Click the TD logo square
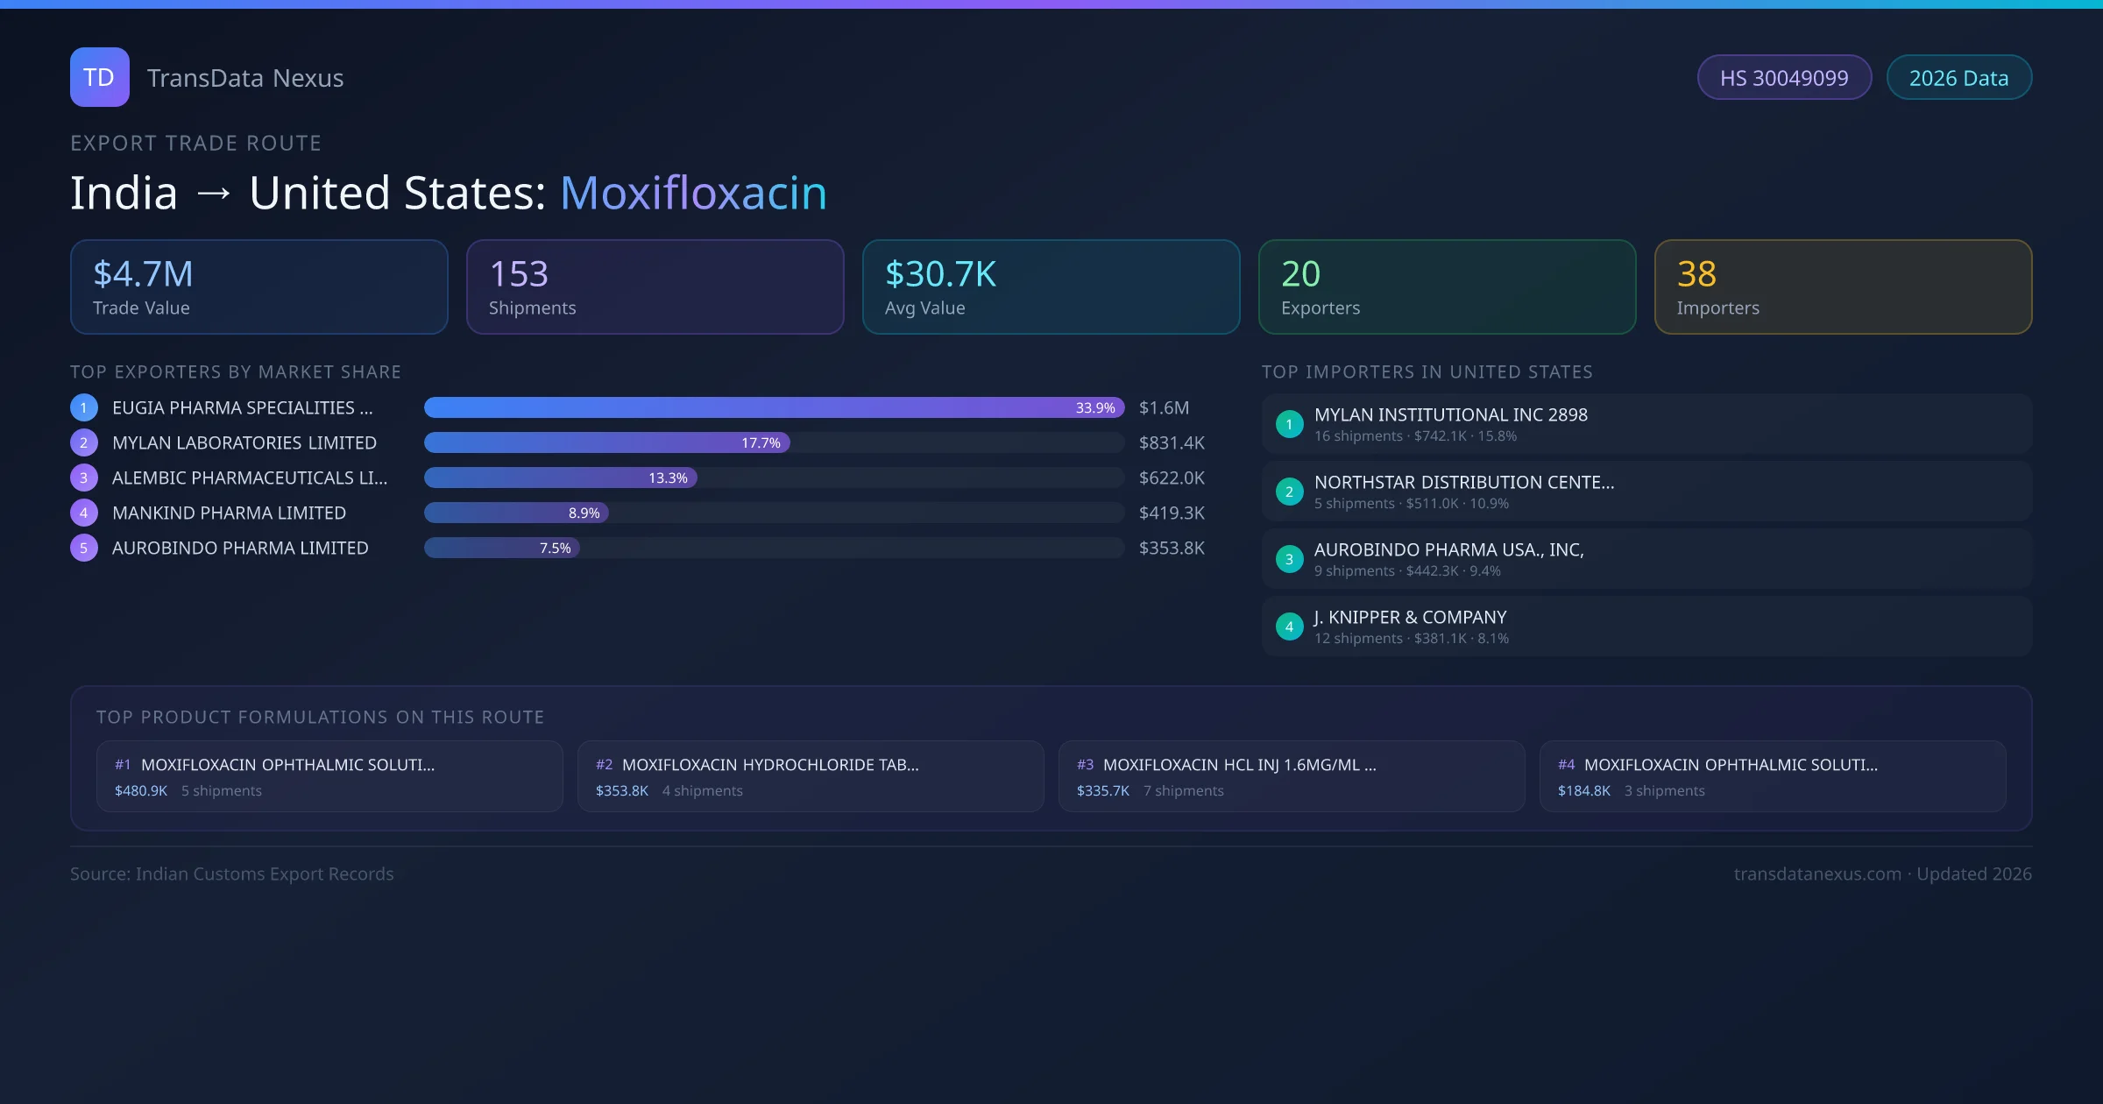point(100,77)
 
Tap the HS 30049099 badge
point(1784,78)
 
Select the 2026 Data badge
point(1958,78)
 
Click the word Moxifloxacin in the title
point(693,193)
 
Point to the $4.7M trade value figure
point(143,274)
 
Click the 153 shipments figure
point(519,274)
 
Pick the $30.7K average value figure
point(940,274)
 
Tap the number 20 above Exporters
point(1300,274)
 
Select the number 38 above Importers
point(1696,274)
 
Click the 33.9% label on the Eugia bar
point(1095,408)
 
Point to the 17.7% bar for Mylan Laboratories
point(606,443)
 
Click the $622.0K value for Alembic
point(1172,478)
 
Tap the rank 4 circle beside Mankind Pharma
point(84,513)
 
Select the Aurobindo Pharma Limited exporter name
point(240,548)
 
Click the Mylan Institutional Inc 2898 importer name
point(1450,415)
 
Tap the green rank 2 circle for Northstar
point(1289,492)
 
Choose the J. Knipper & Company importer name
point(1410,618)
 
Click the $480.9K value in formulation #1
point(141,791)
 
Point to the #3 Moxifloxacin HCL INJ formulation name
point(1239,765)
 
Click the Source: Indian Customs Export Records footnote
point(232,874)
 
